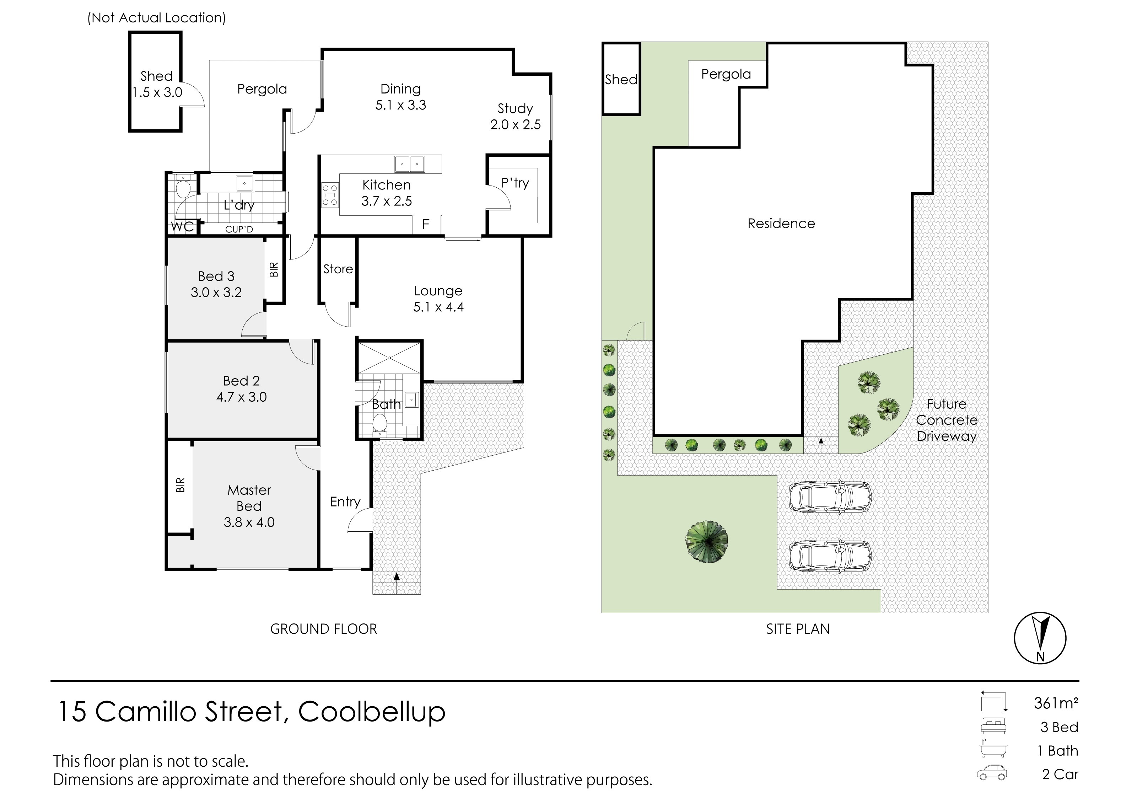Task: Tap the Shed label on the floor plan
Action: pos(156,76)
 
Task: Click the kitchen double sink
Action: pos(410,164)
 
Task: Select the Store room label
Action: pos(338,269)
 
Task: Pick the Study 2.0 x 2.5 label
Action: pos(516,117)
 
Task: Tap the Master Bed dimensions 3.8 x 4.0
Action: pos(249,522)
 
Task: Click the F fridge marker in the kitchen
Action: pos(425,224)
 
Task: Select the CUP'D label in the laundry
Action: pos(239,229)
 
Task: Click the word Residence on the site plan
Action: pos(781,224)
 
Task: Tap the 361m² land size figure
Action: pos(1056,703)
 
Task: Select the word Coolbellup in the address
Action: pos(372,712)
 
